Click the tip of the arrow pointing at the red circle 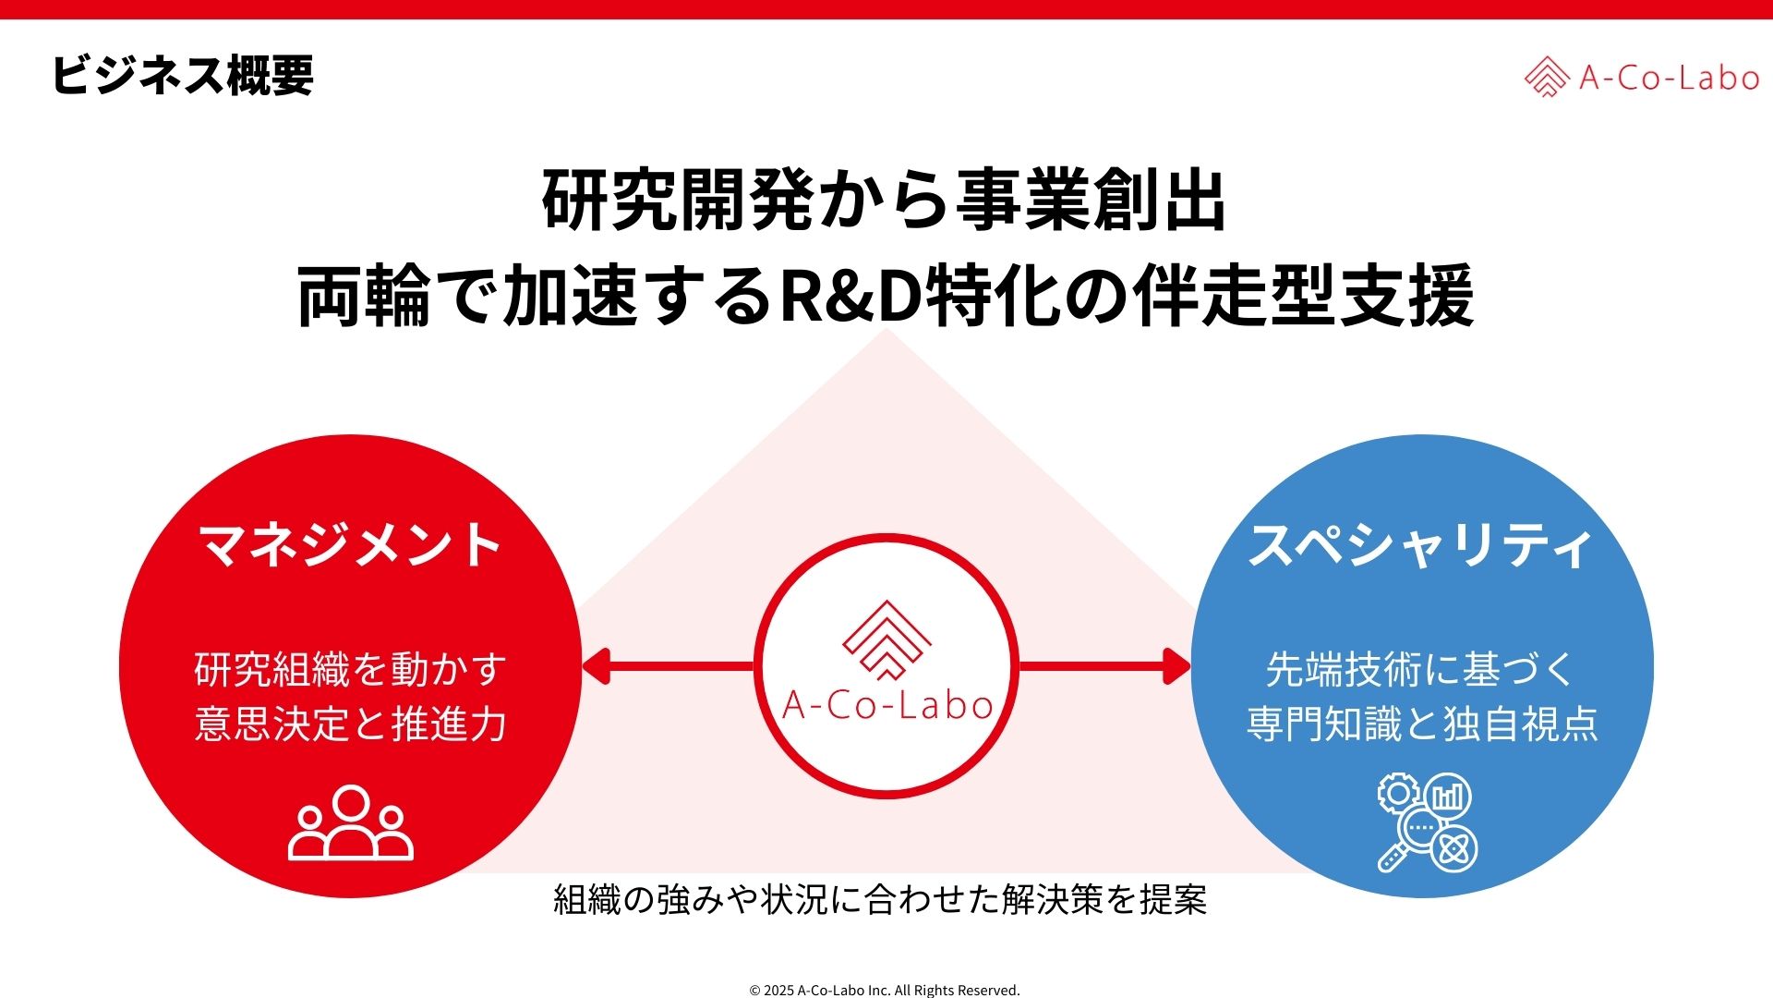(x=582, y=666)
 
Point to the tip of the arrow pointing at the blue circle (x=1192, y=666)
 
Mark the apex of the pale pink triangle (x=886, y=329)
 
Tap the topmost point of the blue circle (x=1422, y=434)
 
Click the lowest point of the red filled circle (x=351, y=897)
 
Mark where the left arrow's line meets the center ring (x=754, y=666)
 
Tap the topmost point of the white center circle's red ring (x=886, y=534)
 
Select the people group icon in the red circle (x=351, y=822)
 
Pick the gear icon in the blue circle (x=1398, y=794)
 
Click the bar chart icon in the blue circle (x=1448, y=797)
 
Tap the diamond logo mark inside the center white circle (x=886, y=638)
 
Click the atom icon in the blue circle (x=1453, y=848)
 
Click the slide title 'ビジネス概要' (x=183, y=75)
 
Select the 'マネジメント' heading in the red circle (x=351, y=544)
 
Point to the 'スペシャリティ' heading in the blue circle (x=1422, y=544)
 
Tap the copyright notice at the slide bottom (x=885, y=990)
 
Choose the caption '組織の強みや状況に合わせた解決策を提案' (x=881, y=899)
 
